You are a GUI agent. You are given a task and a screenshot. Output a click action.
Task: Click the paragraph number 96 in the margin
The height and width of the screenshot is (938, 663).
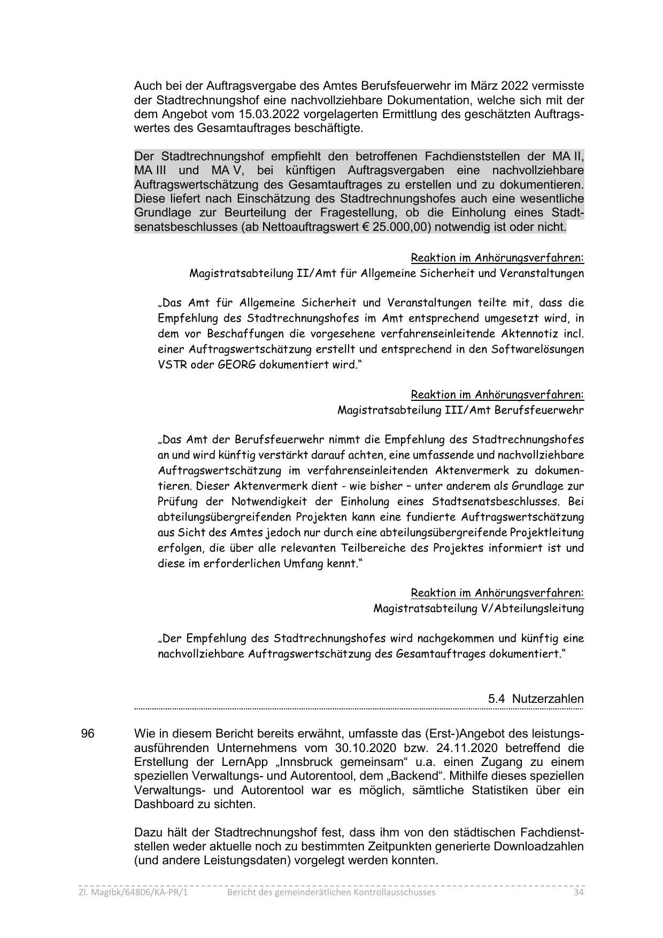[x=88, y=733]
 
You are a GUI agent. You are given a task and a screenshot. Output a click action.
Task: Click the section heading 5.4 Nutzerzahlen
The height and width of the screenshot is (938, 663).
[x=536, y=699]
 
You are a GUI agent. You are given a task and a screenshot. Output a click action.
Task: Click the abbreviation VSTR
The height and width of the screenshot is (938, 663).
[x=170, y=365]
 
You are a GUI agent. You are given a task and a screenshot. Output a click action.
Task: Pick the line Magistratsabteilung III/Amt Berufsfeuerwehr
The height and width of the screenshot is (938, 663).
[x=460, y=410]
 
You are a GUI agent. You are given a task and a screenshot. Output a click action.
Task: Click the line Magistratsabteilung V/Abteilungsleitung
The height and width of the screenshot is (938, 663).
[x=478, y=608]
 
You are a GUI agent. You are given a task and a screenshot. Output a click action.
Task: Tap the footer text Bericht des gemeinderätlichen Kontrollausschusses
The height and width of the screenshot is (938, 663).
[x=331, y=892]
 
